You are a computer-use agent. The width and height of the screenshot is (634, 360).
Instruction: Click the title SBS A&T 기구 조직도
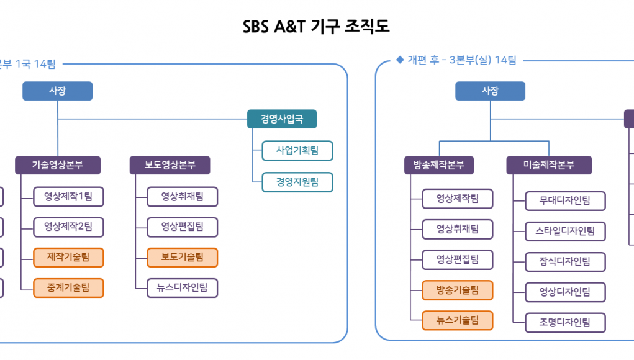316,27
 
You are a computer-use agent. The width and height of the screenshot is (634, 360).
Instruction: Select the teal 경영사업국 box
282,119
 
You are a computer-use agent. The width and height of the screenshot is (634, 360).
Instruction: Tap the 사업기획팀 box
297,151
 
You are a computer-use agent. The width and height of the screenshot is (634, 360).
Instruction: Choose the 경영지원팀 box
297,182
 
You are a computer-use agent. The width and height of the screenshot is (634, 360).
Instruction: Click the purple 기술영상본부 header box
58,165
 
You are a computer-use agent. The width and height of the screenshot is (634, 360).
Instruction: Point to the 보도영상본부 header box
170,165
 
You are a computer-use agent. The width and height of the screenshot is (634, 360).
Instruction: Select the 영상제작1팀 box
68,197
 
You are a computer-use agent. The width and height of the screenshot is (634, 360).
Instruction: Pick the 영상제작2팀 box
68,227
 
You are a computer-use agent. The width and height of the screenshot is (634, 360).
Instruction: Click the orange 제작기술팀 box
68,258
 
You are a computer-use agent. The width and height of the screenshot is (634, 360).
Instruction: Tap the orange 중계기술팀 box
68,288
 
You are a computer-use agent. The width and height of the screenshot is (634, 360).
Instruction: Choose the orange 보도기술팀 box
183,258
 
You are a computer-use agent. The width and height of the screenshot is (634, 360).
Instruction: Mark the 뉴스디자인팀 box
183,288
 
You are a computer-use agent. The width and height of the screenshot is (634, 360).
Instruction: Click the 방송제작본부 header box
439,165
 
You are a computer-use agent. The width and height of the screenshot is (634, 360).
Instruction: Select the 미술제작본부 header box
549,165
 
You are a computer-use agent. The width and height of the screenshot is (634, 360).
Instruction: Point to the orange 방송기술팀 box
458,290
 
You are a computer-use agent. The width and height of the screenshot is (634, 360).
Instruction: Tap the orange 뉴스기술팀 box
458,320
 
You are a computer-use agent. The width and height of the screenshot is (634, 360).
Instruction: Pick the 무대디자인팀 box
565,201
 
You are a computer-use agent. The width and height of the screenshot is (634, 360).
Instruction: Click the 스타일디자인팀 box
565,232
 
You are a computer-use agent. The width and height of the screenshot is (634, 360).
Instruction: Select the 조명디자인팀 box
565,323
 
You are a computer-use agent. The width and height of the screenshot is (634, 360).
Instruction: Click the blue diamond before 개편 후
400,60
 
